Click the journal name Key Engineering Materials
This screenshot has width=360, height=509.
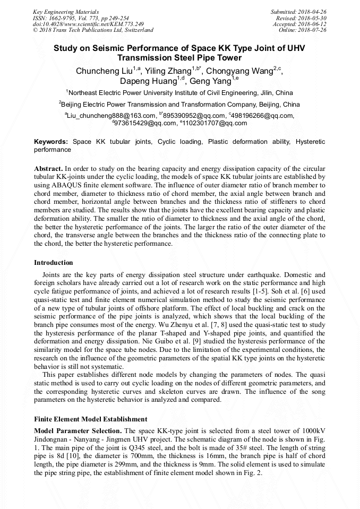pos(65,11)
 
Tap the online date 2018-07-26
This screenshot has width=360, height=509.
pos(312,30)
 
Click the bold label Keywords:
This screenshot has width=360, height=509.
pos(51,142)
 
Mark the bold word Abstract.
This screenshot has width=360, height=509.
pos(48,168)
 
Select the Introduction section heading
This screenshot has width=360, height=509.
pos(54,263)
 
